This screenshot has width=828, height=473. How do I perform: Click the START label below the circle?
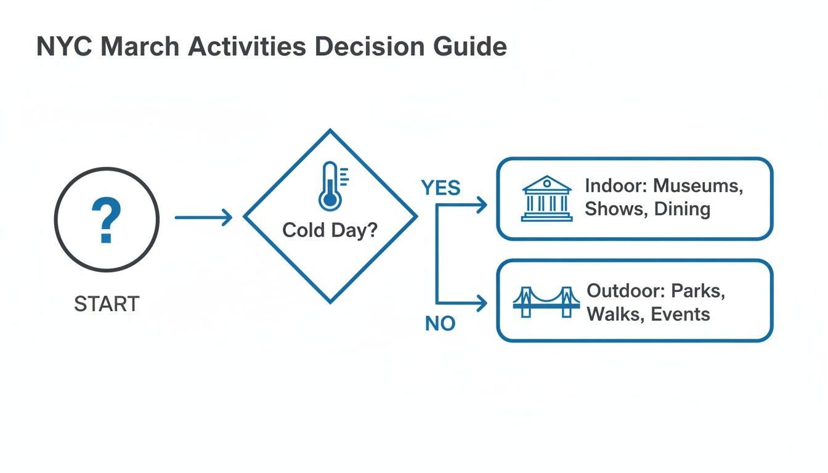pos(107,304)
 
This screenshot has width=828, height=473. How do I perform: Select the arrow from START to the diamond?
pos(203,217)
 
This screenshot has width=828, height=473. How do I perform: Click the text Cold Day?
pos(330,230)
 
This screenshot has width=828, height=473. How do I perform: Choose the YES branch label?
pos(440,188)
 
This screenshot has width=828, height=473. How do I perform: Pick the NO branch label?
pos(440,323)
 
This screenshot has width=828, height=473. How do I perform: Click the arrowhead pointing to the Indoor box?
pos(481,206)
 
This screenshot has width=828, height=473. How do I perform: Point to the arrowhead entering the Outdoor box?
pos(481,302)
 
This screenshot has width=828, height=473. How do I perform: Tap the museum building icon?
pos(546,198)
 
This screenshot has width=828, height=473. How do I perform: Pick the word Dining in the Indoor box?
pos(682,209)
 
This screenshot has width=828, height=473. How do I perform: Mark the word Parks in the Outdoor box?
pos(697,290)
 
